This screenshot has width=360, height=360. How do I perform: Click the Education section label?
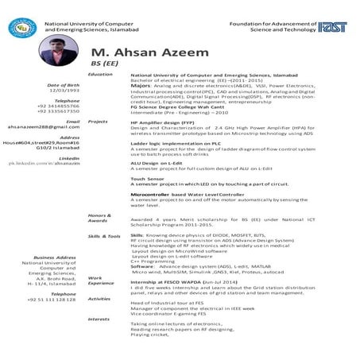coord(100,74)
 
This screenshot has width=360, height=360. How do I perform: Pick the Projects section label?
coord(98,122)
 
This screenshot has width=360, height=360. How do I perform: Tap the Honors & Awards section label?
coord(99,218)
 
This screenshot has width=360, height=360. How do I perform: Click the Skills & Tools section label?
coord(104,236)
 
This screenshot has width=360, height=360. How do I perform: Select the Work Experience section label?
coord(101,280)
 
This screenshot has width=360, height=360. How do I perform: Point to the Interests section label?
coord(99,318)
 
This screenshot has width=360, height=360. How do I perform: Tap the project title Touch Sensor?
coord(147,180)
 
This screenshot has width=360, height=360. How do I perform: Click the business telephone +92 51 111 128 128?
coord(51,300)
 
